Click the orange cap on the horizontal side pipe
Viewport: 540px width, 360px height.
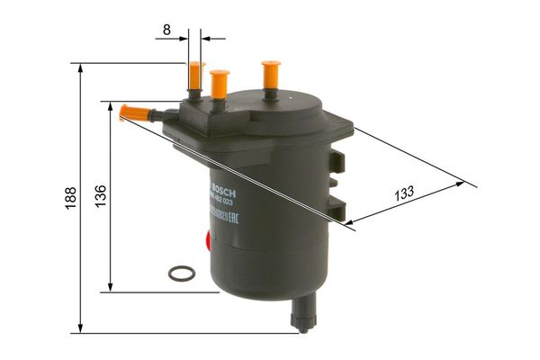[132, 112]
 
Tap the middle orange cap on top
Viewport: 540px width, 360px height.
[219, 84]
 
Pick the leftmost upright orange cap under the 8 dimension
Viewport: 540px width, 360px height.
[194, 75]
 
